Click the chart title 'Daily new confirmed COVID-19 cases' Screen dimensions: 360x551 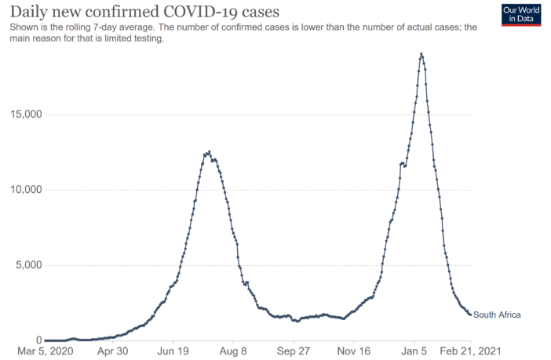pyautogui.click(x=142, y=12)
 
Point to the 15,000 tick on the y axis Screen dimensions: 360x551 pyautogui.click(x=23, y=115)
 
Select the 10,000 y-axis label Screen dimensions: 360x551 pyautogui.click(x=23, y=190)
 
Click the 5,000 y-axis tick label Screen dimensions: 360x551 pyautogui.click(x=25, y=265)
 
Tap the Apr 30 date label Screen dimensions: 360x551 pyautogui.click(x=111, y=352)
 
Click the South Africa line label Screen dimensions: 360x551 pyautogui.click(x=497, y=315)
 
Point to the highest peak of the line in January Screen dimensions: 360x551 pyautogui.click(x=421, y=54)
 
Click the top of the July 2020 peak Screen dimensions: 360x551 pyautogui.click(x=209, y=151)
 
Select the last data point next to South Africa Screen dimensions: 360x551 pyautogui.click(x=470, y=314)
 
